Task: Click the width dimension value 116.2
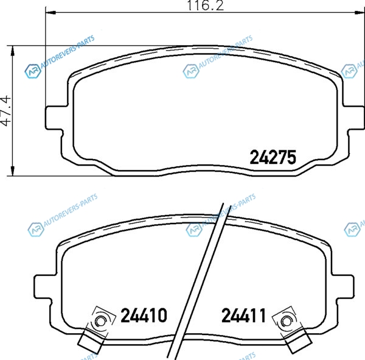click(206, 5)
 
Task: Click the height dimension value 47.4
click(6, 110)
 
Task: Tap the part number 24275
click(273, 157)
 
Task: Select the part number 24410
click(144, 315)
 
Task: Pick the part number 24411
click(243, 315)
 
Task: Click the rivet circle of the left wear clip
click(100, 322)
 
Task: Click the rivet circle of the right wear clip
click(286, 322)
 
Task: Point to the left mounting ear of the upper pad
click(54, 118)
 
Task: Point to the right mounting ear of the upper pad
click(353, 118)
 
